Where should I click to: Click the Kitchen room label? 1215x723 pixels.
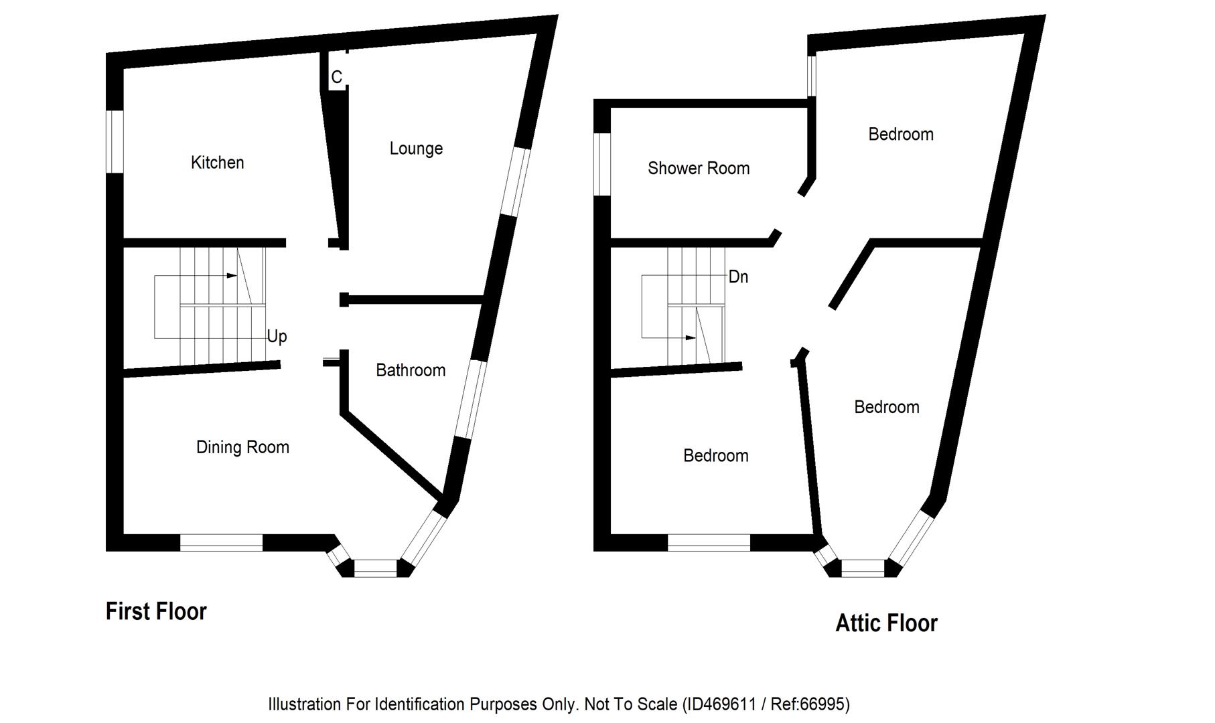217,163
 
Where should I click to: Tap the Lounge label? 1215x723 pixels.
416,149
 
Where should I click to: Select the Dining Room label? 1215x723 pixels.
242,447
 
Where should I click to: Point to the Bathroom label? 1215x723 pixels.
411,370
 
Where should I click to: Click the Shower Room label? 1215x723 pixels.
699,168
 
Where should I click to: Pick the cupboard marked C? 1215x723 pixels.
336,78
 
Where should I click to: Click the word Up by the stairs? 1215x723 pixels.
277,336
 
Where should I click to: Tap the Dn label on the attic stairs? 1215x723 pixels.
738,276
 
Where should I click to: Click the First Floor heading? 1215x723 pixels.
156,611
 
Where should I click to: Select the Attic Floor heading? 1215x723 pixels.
886,623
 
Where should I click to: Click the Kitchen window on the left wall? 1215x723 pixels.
116,142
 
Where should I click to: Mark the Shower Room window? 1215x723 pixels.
603,165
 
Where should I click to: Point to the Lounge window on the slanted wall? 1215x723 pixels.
516,182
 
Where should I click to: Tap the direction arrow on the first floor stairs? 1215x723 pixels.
231,275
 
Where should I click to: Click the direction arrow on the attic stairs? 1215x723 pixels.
690,338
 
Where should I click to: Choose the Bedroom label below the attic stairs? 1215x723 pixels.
715,456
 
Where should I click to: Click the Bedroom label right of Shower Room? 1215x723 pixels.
900,135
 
